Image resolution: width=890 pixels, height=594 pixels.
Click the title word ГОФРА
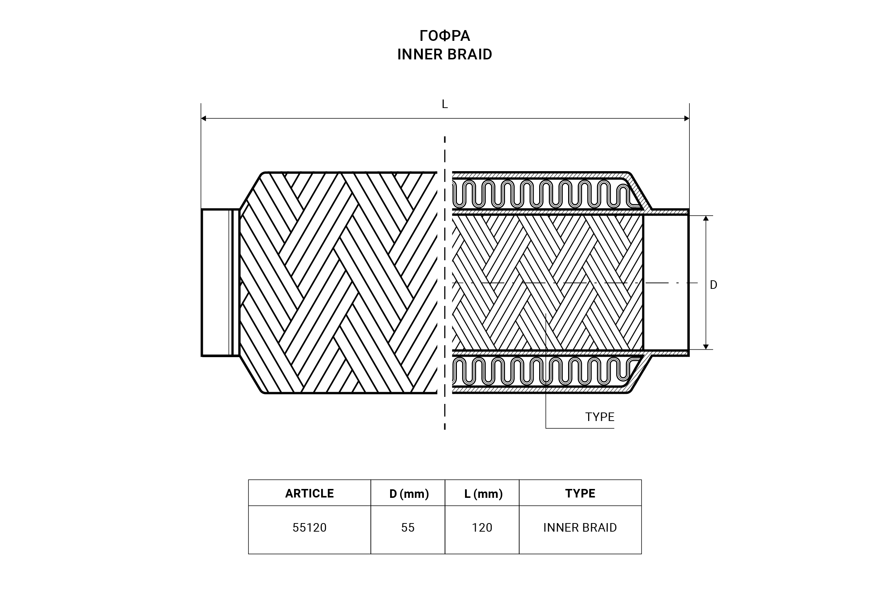pos(445,36)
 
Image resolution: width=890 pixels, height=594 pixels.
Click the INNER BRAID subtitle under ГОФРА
pos(445,55)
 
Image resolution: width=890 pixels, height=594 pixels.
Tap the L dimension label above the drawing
pos(445,104)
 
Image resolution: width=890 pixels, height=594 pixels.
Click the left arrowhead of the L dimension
pos(204,118)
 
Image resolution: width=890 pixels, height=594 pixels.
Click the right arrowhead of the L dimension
pos(686,118)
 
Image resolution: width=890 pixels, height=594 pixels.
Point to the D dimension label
pos(713,285)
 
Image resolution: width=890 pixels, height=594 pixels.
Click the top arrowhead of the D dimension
pos(706,219)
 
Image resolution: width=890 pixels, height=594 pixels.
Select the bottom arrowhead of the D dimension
pos(706,346)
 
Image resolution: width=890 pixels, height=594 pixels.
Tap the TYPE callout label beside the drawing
pos(600,417)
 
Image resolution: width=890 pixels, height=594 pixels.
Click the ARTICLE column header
pos(310,494)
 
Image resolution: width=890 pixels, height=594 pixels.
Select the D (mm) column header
pos(409,494)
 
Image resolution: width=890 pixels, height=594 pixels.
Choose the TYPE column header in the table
pos(580,494)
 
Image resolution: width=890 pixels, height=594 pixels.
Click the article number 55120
pos(310,528)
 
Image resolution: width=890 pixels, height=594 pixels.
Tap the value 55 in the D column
pos(408,528)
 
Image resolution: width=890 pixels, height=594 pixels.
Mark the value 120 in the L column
pos(482,528)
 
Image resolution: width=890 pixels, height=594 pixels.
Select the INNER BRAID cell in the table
pos(580,528)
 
